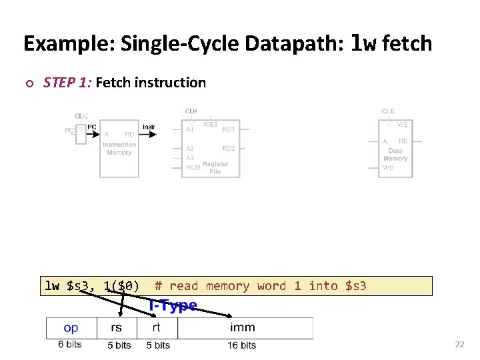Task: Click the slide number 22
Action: click(x=459, y=345)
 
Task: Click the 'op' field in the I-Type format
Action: click(x=71, y=327)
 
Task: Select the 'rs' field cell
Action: click(x=117, y=327)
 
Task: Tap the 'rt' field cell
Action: click(x=157, y=327)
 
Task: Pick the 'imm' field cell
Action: click(x=243, y=327)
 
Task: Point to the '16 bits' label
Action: click(x=241, y=345)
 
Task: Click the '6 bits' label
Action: click(x=70, y=345)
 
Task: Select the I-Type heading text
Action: click(x=173, y=305)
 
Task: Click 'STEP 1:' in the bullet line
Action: click(x=68, y=83)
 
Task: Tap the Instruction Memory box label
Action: click(x=119, y=149)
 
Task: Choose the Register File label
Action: click(x=215, y=167)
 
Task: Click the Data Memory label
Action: click(x=395, y=155)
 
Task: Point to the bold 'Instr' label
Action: click(x=149, y=127)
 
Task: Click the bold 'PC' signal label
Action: click(x=92, y=127)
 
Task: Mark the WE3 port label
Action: click(x=211, y=125)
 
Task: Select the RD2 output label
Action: click(x=229, y=148)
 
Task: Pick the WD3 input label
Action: click(x=193, y=168)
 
